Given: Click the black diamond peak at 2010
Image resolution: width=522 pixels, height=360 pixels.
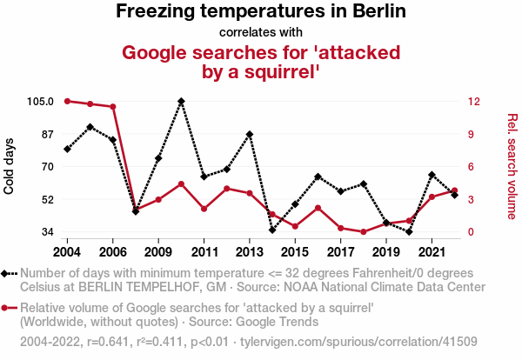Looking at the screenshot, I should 181,101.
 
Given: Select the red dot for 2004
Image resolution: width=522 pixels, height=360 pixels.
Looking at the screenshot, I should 67,101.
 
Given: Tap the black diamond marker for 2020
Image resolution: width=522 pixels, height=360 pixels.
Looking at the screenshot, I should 409,232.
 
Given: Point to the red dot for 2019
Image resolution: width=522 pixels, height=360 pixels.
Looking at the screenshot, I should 386,223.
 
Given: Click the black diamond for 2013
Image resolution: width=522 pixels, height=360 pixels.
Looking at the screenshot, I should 250,134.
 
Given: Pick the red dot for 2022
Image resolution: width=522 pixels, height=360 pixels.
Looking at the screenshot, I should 455,190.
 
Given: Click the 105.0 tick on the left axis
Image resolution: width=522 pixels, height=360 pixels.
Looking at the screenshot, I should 41,101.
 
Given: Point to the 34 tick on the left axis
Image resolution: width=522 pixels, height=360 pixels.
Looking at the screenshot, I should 49,232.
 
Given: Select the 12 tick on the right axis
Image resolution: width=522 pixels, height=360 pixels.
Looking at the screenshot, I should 472,101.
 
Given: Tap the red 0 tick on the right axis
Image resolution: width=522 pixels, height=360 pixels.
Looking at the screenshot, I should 471,232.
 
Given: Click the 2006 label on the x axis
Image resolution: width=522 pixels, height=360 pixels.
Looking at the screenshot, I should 112,252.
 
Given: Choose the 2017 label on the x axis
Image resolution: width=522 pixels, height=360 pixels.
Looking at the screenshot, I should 341,252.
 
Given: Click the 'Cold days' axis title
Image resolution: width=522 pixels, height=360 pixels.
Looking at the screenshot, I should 10,166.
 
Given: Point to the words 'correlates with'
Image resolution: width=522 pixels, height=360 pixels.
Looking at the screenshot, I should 261,33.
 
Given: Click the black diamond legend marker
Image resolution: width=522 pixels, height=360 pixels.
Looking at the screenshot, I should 9,273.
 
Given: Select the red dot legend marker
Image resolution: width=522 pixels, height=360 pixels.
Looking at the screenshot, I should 9,308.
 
